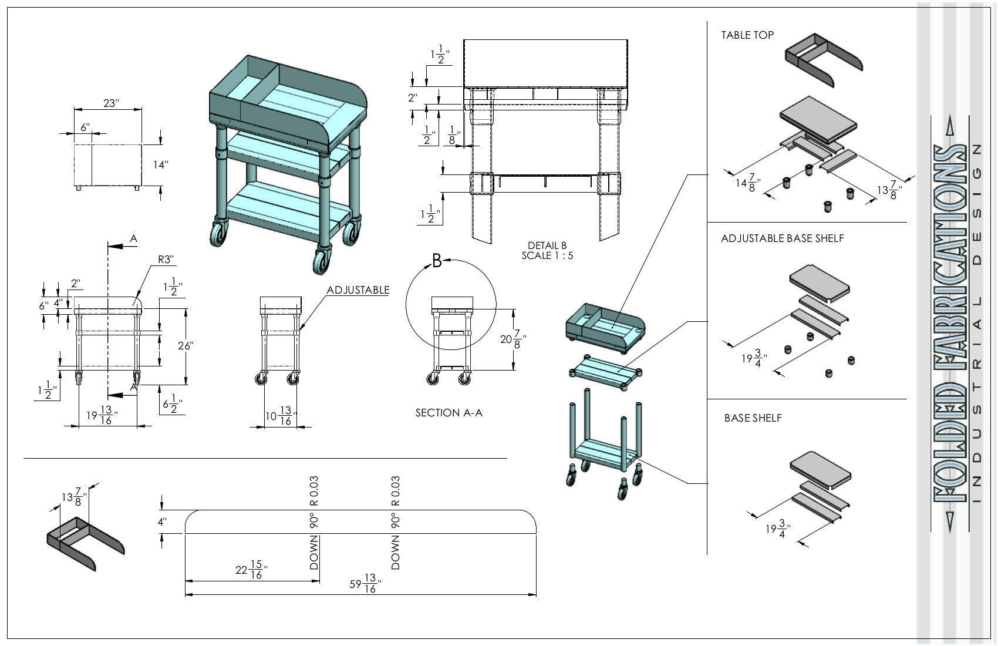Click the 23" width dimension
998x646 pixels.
pos(111,103)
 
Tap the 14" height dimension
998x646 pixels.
pos(161,165)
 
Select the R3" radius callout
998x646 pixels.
pos(166,259)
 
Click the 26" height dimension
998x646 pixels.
pos(186,346)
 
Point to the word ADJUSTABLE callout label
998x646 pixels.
pos(358,290)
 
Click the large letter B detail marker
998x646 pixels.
pos(437,261)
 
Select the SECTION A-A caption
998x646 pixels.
pos(449,413)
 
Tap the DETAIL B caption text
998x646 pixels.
pos(547,245)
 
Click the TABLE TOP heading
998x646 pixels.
pos(747,35)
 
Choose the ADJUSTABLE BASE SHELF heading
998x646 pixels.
pos(782,238)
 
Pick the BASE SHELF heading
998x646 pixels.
pos(753,418)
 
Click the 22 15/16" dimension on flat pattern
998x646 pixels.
pos(251,570)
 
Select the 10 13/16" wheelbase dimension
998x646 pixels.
pos(279,417)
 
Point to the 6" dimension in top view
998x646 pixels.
pos(86,127)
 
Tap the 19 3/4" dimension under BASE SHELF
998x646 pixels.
pos(778,529)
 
